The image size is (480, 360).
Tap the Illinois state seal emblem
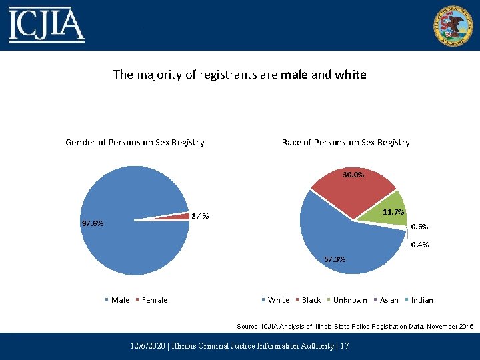tap(453, 25)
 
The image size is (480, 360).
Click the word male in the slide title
tap(295, 75)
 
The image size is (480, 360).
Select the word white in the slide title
tap(351, 75)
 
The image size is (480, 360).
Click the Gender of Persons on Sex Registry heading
tap(135, 142)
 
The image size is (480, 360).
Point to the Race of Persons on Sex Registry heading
tap(345, 142)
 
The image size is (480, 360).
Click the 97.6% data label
tap(92, 224)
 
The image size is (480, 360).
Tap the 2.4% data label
tap(200, 216)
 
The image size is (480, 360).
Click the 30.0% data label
tap(353, 175)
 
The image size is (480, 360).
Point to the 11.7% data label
tap(394, 212)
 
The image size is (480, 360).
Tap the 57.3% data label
tap(334, 259)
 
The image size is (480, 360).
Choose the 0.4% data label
tap(419, 245)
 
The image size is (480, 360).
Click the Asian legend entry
tap(389, 300)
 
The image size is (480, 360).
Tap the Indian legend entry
tap(422, 300)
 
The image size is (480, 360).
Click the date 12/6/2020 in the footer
tap(149, 346)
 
